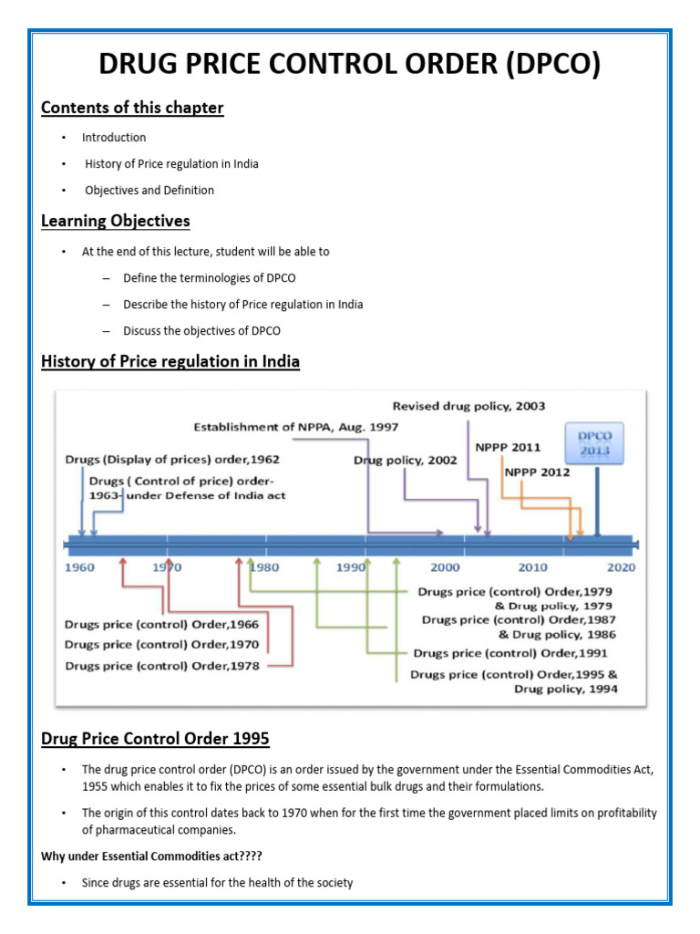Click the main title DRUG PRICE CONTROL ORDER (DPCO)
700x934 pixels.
349,66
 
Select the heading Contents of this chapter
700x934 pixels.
132,108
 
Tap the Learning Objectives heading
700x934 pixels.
116,221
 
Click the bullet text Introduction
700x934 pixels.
114,138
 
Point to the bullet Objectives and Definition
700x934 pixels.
149,191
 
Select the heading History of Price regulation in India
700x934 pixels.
170,362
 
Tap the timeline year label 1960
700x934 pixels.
79,567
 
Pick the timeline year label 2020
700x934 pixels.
621,567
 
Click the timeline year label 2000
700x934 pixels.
446,567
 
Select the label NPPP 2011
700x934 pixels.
508,448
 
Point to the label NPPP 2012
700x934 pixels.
537,472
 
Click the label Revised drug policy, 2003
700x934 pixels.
469,406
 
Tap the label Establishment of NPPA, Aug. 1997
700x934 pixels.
295,426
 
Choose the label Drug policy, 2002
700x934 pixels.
406,461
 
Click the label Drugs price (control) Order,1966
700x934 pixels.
162,625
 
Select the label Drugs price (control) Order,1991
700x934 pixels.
510,653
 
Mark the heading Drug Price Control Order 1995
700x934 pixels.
155,738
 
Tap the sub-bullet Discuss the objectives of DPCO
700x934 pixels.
202,330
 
